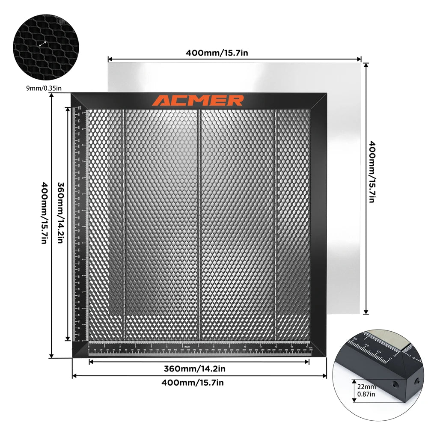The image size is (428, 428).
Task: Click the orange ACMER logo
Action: tap(198, 101)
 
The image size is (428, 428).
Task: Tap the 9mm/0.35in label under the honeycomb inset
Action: tap(43, 89)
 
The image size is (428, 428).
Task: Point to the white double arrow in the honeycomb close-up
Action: tap(43, 44)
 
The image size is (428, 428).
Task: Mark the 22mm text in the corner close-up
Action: tap(363, 386)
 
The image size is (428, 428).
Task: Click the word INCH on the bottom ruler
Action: tap(187, 346)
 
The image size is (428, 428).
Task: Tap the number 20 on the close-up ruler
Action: tap(366, 345)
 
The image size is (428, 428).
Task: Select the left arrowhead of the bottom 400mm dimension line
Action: tap(74, 376)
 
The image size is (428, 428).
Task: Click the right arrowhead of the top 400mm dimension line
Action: tap(360, 59)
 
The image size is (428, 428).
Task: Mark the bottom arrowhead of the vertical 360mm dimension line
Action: tap(67, 339)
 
